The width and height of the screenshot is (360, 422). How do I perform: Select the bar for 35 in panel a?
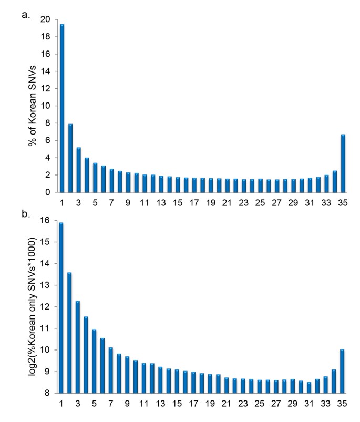[342, 163]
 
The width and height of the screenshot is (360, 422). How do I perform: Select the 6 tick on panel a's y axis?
[48, 140]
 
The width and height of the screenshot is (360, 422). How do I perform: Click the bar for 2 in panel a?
[70, 158]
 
